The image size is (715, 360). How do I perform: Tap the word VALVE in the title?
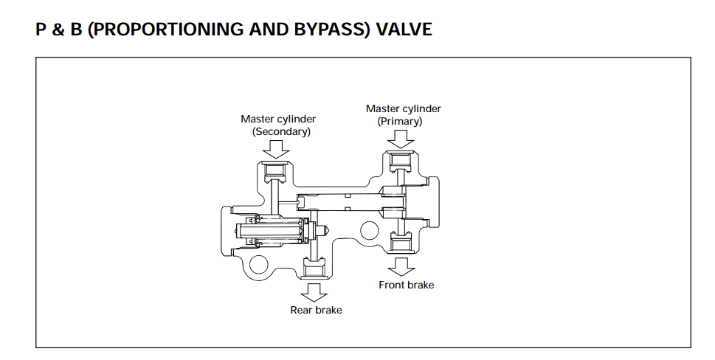404,30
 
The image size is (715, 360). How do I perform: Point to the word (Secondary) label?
281,131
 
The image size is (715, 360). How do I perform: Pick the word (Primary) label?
400,121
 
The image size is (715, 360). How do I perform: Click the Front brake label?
406,285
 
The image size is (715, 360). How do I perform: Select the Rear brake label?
316,310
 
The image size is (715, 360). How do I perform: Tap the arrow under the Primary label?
400,137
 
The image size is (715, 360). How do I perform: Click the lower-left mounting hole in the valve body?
258,263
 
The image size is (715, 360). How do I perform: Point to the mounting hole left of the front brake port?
368,231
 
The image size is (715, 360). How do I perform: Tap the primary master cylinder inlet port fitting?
400,162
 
